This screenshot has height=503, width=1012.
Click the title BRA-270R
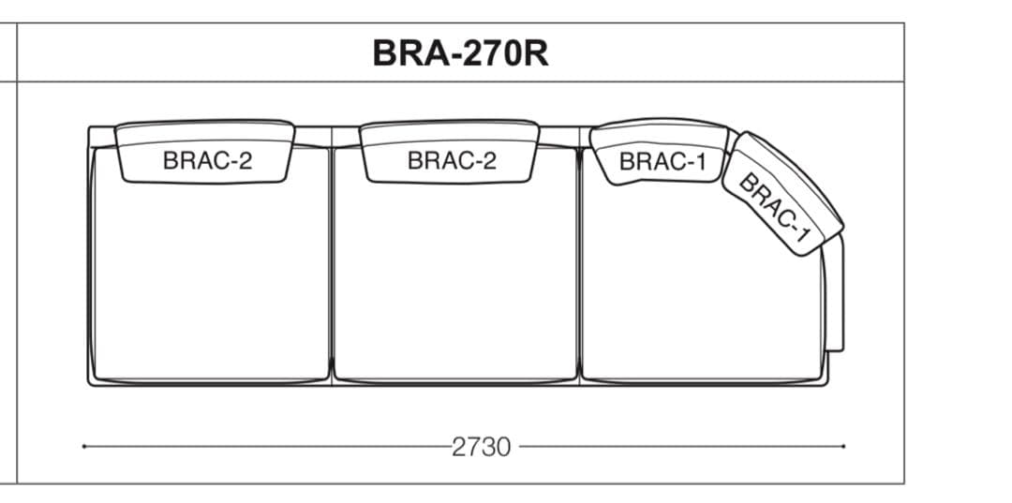click(460, 53)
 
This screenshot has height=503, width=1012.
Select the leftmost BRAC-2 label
click(207, 160)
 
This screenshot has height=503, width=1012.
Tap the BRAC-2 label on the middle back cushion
click(452, 160)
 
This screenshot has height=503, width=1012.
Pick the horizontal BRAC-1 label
click(662, 161)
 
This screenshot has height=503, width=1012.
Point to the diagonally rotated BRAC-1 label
click(775, 208)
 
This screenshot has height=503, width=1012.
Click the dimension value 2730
click(482, 447)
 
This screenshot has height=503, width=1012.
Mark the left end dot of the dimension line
click(84, 447)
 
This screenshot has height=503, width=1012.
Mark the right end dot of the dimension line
click(843, 447)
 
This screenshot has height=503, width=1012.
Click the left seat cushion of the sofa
click(210, 281)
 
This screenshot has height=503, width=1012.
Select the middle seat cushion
click(455, 281)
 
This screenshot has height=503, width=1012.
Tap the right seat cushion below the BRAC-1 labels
click(698, 290)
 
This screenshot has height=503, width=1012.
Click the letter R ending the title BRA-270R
click(535, 53)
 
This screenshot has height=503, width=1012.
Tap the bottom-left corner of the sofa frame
click(90, 383)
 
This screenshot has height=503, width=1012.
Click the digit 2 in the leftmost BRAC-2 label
click(246, 160)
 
